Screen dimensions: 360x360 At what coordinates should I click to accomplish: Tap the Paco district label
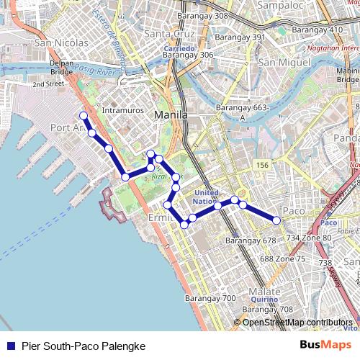tap(294, 210)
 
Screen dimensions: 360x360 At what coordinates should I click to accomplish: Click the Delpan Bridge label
tap(63, 68)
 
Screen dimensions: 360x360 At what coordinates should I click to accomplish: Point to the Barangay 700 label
tap(210, 298)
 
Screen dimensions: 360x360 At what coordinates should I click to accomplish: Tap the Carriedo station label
tap(179, 48)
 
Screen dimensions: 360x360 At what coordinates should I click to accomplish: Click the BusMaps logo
tap(326, 346)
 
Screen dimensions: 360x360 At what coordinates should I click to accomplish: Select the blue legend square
tap(9, 346)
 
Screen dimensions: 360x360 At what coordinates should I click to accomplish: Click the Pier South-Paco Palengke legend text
tap(84, 346)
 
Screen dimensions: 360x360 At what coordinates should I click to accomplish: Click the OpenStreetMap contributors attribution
tap(297, 322)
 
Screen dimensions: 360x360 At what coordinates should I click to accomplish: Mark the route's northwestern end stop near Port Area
tap(84, 116)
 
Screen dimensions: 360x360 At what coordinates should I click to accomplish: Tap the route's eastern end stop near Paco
tap(276, 220)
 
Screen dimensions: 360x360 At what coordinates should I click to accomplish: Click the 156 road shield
tap(262, 166)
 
